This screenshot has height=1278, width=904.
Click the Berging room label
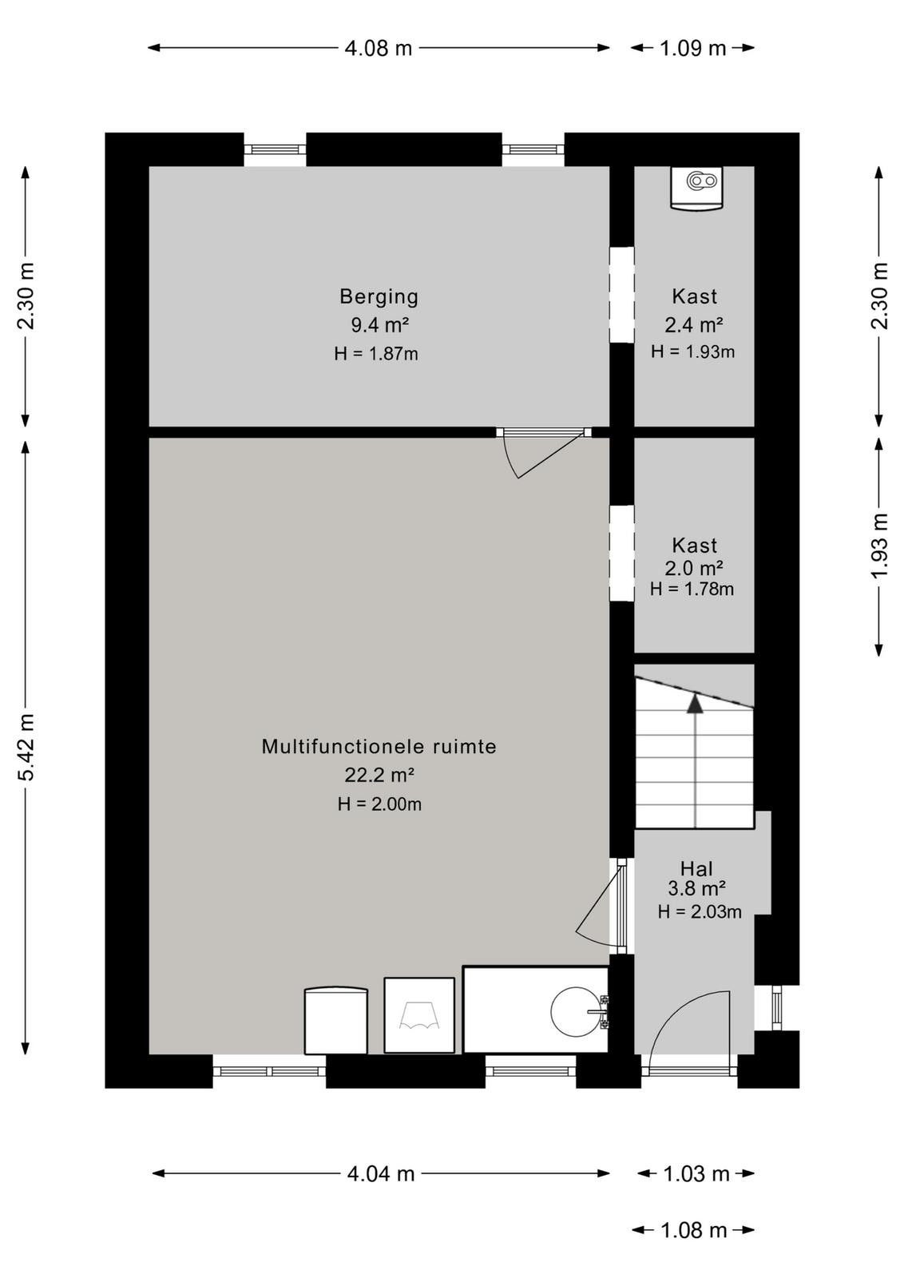[x=379, y=296]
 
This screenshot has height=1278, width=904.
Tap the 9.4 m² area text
[x=379, y=325]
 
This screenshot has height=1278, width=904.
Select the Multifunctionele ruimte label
[x=379, y=746]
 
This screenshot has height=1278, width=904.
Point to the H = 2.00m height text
[x=379, y=804]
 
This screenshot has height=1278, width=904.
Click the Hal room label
[x=696, y=869]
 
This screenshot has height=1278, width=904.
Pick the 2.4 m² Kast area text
[x=694, y=325]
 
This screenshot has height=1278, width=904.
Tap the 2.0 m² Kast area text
[x=694, y=568]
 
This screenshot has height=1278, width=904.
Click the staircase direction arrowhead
[x=695, y=704]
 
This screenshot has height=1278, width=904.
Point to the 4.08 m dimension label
[x=379, y=49]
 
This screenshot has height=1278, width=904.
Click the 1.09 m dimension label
[x=692, y=49]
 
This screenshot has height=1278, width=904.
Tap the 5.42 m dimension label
[x=26, y=747]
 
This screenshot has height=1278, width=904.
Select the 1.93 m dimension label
[x=880, y=546]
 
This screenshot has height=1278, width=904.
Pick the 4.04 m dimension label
[x=380, y=1173]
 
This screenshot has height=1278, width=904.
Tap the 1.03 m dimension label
[x=696, y=1173]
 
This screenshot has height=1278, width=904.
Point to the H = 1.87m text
[x=376, y=354]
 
